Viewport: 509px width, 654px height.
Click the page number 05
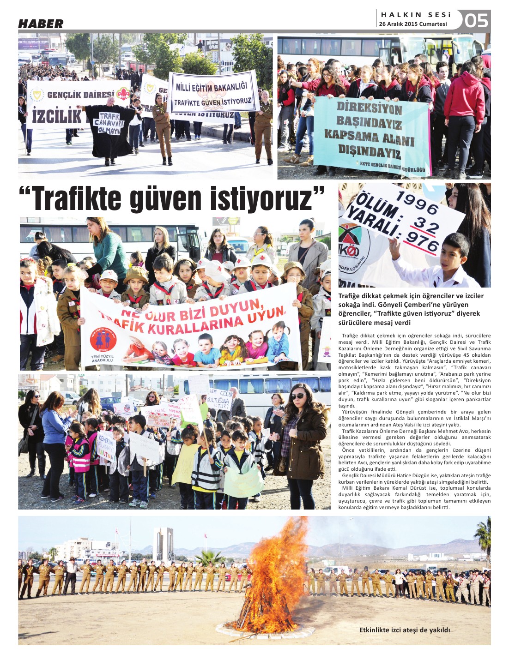click(x=476, y=20)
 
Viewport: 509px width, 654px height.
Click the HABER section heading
click(x=41, y=24)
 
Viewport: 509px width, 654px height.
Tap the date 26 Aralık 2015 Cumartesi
click(x=413, y=24)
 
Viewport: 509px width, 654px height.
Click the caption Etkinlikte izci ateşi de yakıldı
click(x=404, y=630)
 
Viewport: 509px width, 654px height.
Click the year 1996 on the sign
click(x=417, y=202)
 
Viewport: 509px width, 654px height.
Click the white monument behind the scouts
click(x=164, y=545)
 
